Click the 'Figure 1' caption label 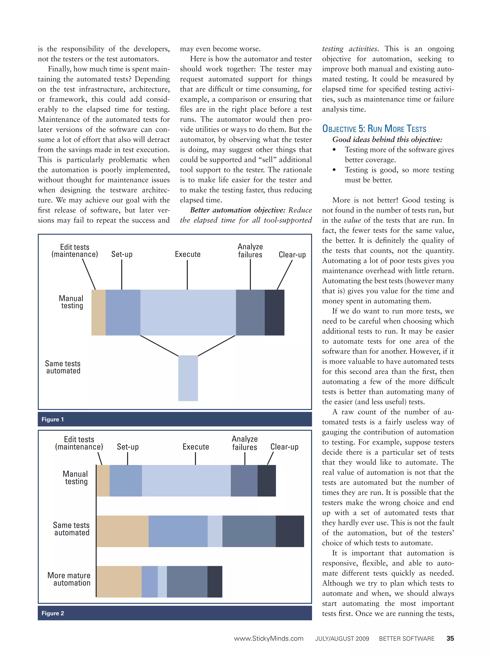click(53, 419)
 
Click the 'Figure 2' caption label click(53, 613)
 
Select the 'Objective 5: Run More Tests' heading click(374, 129)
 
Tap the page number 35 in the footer click(450, 638)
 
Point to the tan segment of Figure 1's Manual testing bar click(98, 312)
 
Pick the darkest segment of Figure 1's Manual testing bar click(274, 312)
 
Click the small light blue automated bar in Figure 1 click(188, 378)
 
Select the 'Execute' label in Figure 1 click(188, 254)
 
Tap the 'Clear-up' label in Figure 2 click(284, 447)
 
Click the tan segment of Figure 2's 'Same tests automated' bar click(122, 531)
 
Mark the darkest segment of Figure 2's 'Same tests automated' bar click(290, 531)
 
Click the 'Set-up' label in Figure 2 click(128, 447)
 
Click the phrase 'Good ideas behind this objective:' click(387, 139)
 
